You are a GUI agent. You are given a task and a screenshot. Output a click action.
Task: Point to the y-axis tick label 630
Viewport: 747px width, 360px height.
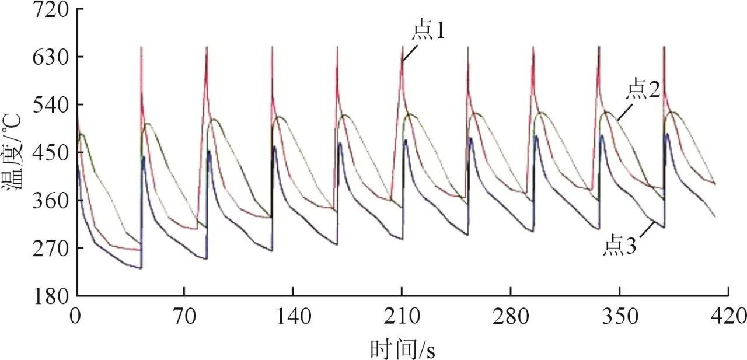[x=49, y=57]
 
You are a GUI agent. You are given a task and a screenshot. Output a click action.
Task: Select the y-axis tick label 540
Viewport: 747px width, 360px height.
[x=49, y=105]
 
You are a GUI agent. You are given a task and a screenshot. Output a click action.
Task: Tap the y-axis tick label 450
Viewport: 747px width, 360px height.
[x=49, y=153]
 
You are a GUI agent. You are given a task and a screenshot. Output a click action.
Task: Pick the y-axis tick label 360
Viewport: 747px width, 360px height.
[x=49, y=201]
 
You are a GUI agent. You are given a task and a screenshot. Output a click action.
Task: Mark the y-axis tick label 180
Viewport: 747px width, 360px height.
[x=49, y=296]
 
